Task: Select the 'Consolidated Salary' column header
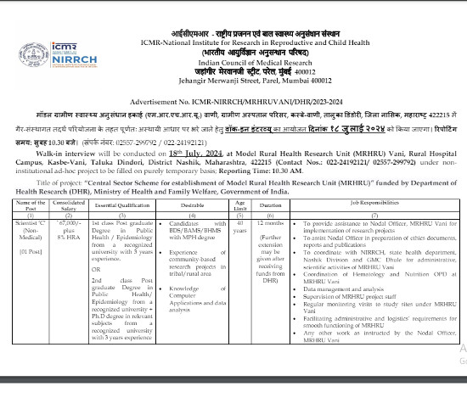point(70,204)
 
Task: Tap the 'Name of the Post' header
point(31,204)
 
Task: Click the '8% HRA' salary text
point(70,235)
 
